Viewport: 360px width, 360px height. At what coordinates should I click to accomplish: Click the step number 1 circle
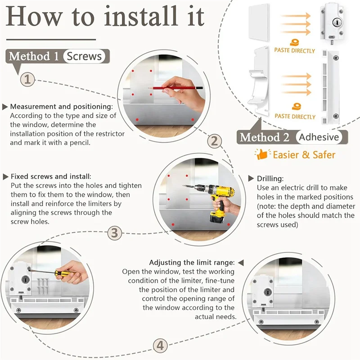tap(27, 80)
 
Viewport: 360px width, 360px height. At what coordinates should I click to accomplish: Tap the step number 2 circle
tap(215, 141)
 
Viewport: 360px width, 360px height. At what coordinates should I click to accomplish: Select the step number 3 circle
tap(115, 233)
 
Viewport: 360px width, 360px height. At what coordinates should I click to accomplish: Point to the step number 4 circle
tap(160, 346)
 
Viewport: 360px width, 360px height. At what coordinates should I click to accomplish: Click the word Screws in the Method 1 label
tap(84, 56)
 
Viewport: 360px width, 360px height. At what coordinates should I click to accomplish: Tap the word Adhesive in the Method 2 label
tap(319, 137)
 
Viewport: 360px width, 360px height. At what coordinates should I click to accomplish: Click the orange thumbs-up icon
tap(262, 154)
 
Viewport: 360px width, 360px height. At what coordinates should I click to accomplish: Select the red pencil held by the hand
tap(175, 88)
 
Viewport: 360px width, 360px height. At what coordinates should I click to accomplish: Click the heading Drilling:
tap(270, 179)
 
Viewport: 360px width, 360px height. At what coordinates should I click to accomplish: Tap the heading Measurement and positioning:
tap(62, 107)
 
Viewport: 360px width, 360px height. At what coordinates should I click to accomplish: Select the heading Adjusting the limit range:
tap(192, 262)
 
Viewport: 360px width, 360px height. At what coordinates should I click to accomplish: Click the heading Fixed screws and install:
tap(51, 176)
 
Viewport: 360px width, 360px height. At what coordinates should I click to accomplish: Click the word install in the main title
tap(141, 16)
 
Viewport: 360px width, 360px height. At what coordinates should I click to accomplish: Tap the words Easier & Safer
tap(304, 155)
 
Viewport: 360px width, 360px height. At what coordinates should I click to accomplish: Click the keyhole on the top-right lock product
tap(337, 22)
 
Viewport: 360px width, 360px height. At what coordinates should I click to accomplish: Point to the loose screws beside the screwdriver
tap(42, 285)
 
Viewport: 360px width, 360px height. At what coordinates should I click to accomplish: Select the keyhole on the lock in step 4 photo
tap(267, 292)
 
